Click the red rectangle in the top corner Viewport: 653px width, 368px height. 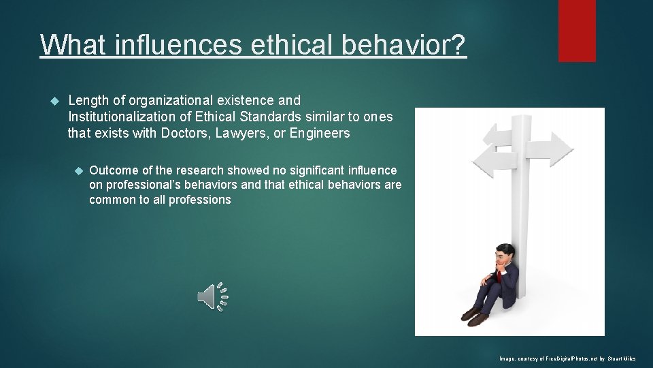click(577, 31)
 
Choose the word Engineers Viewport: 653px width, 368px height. click(320, 133)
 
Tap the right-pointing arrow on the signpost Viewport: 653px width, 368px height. click(554, 147)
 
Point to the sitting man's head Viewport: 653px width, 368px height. click(504, 254)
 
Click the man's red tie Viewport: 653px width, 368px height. click(499, 275)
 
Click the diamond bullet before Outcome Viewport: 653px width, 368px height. click(78, 170)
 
